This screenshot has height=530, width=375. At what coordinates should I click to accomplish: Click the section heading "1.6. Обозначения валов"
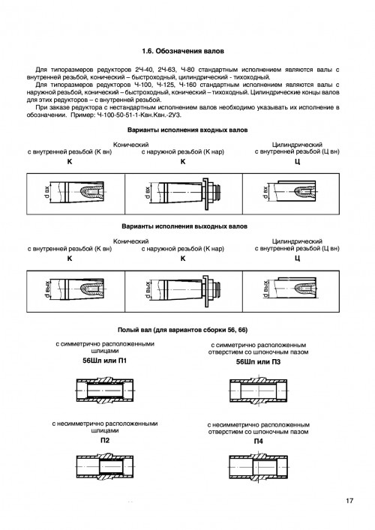pos(182,52)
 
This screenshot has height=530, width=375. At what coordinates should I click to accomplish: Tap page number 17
pos(349,501)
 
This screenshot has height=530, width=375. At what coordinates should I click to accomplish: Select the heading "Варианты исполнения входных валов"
pos(187,130)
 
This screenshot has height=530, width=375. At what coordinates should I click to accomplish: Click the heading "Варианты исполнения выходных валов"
pos(184,226)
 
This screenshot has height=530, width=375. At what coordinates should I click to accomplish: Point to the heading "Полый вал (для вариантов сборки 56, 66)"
pos(182,330)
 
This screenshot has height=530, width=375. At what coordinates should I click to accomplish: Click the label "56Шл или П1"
pos(105,361)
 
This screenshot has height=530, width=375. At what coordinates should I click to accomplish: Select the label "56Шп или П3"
pos(258,362)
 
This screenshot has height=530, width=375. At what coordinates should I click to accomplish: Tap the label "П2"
pos(105,441)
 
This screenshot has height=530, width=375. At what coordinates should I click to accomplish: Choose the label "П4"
pos(258,442)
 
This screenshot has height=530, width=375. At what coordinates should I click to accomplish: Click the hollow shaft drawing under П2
pos(105,466)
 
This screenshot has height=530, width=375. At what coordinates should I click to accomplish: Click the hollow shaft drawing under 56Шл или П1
pos(105,390)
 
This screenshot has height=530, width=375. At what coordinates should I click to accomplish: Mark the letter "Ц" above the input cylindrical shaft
pos(297,162)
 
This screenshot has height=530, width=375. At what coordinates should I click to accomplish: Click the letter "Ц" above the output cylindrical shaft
pos(297,259)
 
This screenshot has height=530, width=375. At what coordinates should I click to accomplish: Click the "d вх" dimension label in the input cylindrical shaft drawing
pos(265,193)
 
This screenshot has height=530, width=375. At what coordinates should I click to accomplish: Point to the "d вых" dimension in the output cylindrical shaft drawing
pos(265,289)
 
